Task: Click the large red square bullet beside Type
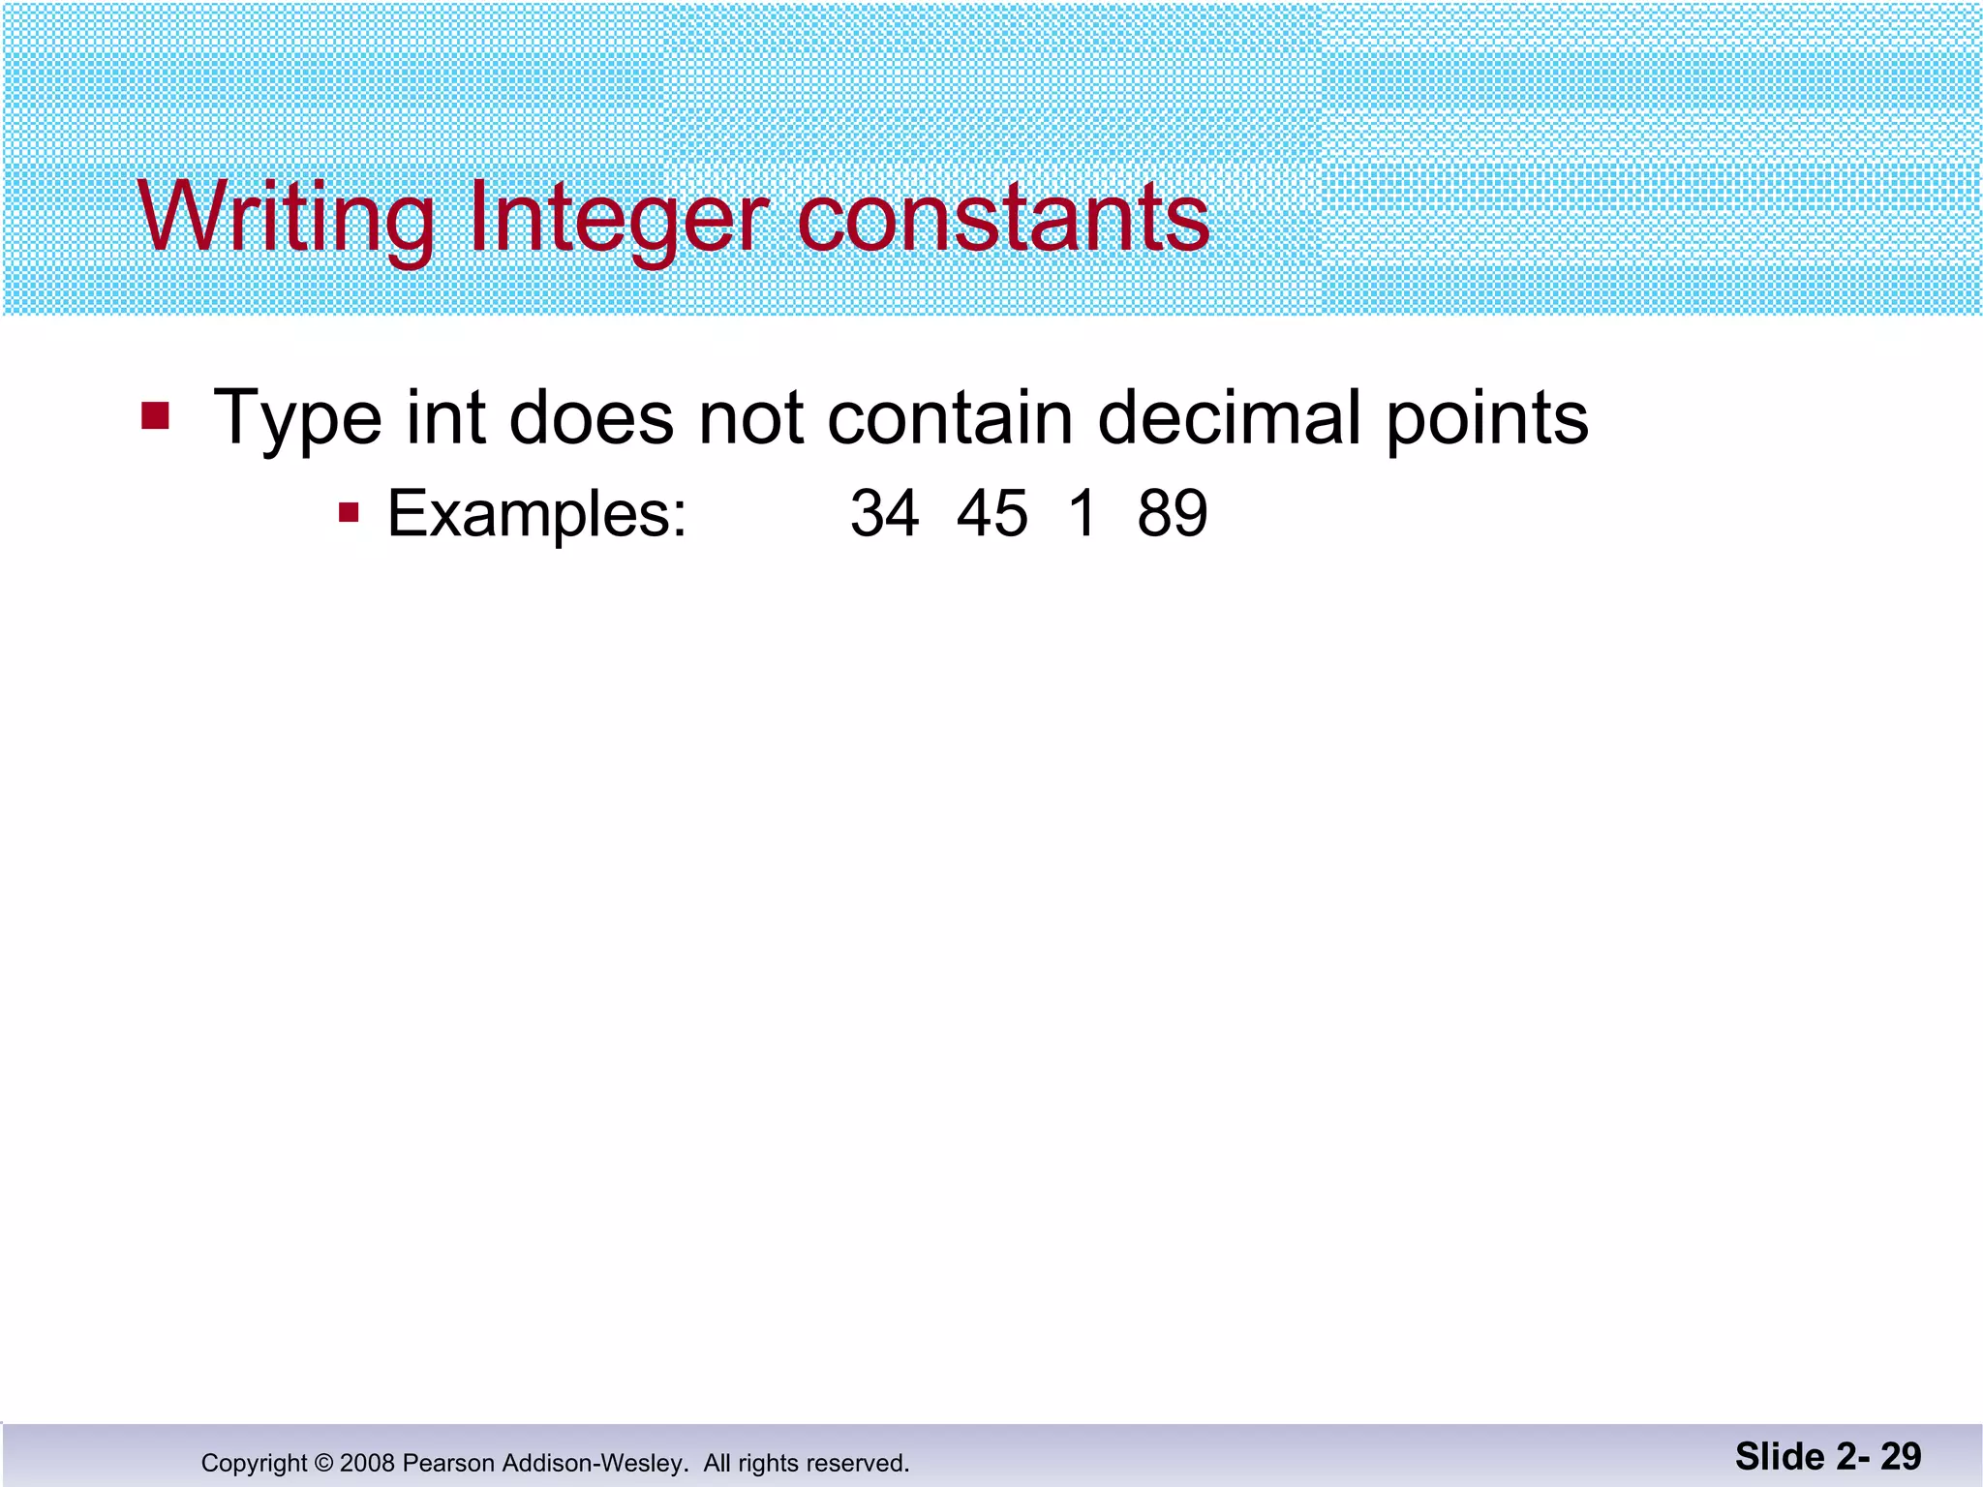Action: click(x=155, y=415)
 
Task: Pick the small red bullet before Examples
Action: click(x=349, y=511)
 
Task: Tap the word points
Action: click(x=1487, y=418)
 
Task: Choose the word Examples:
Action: click(x=537, y=513)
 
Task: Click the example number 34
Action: click(x=884, y=513)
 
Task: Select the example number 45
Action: click(x=991, y=513)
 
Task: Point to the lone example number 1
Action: click(x=1083, y=513)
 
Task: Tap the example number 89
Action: click(x=1173, y=513)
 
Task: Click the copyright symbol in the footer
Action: click(x=324, y=1463)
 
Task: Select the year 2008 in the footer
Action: click(x=367, y=1463)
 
